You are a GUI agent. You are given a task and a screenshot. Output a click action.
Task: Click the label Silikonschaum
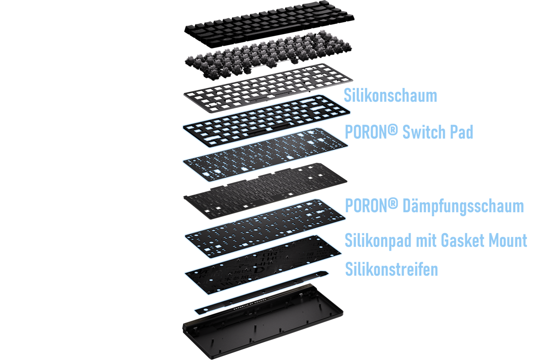[390, 96]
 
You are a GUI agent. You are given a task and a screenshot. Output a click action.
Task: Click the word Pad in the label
[462, 132]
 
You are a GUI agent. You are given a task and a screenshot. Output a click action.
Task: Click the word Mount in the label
[506, 240]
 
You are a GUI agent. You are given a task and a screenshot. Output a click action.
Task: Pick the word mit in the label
[426, 240]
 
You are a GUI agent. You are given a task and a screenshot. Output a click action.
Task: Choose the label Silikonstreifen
[392, 269]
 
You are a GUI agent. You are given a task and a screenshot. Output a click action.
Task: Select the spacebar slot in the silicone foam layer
[262, 130]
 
